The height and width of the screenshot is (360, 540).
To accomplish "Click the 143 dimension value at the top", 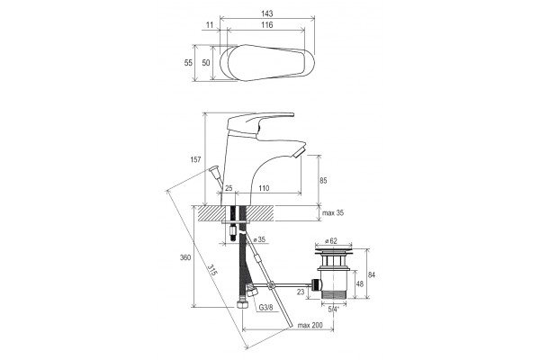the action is [267, 13].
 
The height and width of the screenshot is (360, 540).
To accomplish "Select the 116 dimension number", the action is [267, 25].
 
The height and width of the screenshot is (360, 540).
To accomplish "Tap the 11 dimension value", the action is [210, 25].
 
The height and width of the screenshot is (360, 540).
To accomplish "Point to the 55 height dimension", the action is [188, 63].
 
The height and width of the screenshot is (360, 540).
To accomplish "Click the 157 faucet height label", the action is [195, 159].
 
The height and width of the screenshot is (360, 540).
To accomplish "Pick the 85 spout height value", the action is [323, 180].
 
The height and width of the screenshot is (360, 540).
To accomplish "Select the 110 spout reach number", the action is [264, 188].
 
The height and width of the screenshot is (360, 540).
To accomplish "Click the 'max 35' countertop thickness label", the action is [333, 212].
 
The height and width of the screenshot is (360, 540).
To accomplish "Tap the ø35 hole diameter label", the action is [259, 239].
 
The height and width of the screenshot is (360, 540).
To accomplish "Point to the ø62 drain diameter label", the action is [330, 240].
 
